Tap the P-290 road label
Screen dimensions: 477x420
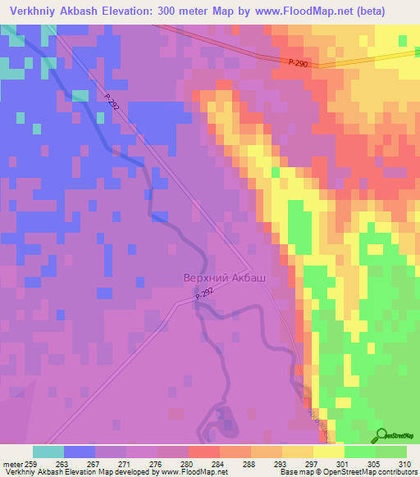(x=299, y=63)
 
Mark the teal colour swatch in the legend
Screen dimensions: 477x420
(x=48, y=452)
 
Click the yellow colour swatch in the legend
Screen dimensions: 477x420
(x=327, y=452)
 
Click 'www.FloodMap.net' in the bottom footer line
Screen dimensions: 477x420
(x=185, y=473)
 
